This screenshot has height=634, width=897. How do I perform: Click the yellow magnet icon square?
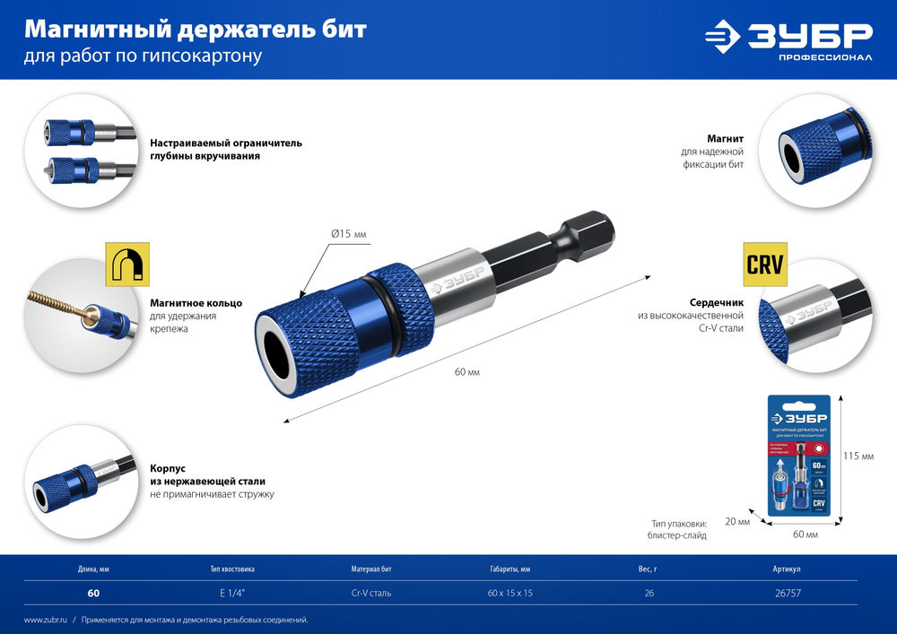[x=127, y=264]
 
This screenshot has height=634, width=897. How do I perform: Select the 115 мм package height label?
[x=858, y=456]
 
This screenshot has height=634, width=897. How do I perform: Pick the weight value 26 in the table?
[x=650, y=593]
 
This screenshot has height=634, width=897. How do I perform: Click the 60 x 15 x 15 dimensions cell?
[x=509, y=593]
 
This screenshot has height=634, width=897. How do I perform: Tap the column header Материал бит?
[x=371, y=569]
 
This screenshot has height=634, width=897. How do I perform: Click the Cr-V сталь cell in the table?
[x=371, y=593]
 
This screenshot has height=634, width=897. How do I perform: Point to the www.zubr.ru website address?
[x=44, y=620]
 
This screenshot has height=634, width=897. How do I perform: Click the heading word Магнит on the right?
[x=724, y=138]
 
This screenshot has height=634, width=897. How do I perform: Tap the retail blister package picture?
[x=798, y=457]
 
